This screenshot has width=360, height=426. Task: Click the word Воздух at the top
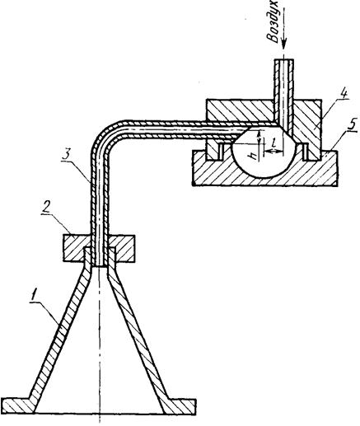click(273, 21)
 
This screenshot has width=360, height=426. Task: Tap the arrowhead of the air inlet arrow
click(284, 45)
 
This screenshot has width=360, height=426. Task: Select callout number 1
click(34, 297)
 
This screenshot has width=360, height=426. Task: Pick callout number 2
click(46, 208)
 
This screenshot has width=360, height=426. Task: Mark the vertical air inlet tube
click(284, 93)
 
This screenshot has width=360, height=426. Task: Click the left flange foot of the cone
click(18, 405)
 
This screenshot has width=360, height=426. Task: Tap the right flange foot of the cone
click(179, 406)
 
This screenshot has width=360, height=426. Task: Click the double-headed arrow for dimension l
click(274, 151)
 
